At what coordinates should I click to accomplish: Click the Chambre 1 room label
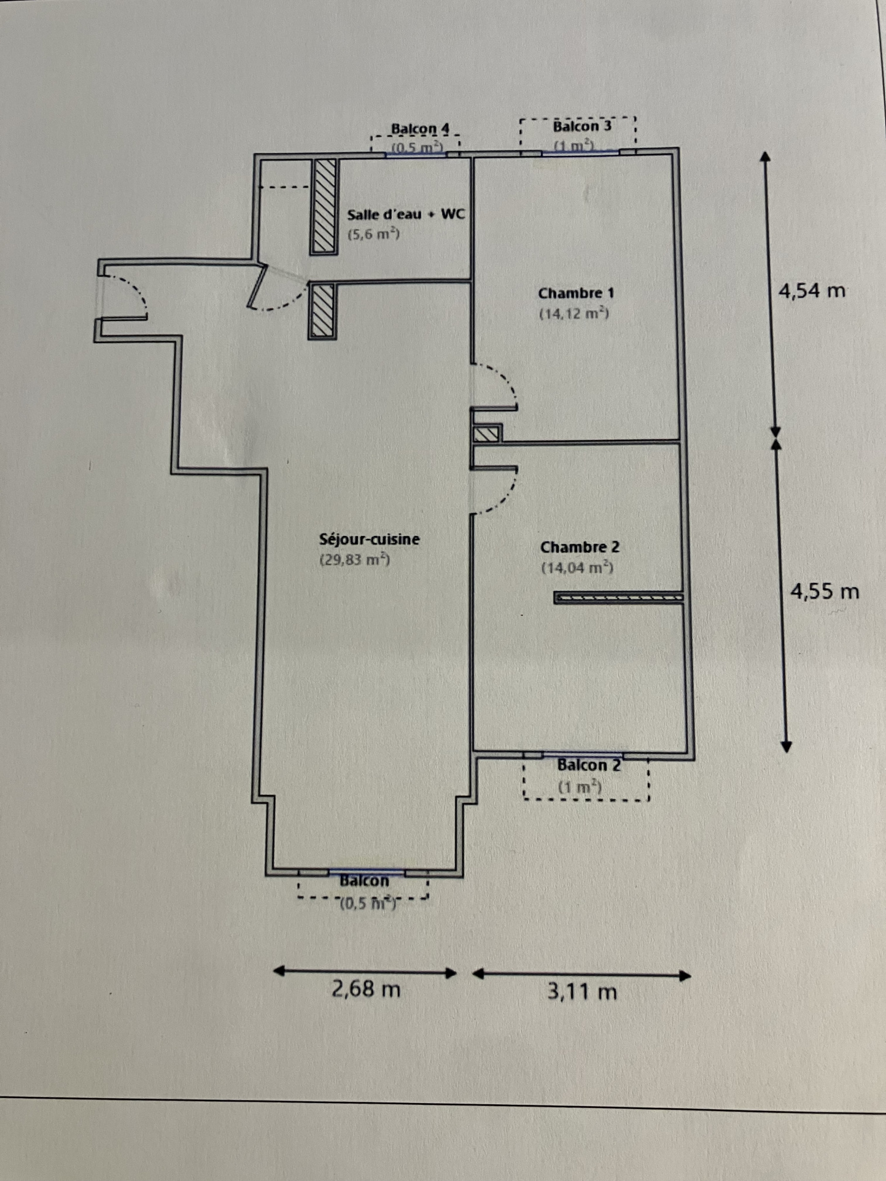click(x=576, y=293)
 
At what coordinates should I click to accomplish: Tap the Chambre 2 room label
click(x=580, y=547)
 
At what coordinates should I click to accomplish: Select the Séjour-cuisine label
click(x=370, y=539)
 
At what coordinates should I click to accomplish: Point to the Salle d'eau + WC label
click(x=406, y=214)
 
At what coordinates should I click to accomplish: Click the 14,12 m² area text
click(x=574, y=314)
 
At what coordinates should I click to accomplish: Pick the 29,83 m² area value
click(x=355, y=559)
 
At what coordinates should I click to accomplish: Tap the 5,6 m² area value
click(x=373, y=234)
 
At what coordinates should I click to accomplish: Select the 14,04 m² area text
click(x=577, y=568)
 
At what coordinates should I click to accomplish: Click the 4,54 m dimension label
click(x=812, y=290)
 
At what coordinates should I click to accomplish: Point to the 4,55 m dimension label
click(x=825, y=591)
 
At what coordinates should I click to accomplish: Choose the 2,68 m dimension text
click(x=366, y=989)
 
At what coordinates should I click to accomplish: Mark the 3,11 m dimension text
click(x=582, y=991)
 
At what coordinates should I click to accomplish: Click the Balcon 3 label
click(x=582, y=126)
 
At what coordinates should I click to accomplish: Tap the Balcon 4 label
click(x=421, y=129)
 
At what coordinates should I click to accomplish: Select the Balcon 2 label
click(x=589, y=765)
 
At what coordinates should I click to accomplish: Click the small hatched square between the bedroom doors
click(x=488, y=434)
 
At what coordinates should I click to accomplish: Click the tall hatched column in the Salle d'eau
click(x=324, y=206)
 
